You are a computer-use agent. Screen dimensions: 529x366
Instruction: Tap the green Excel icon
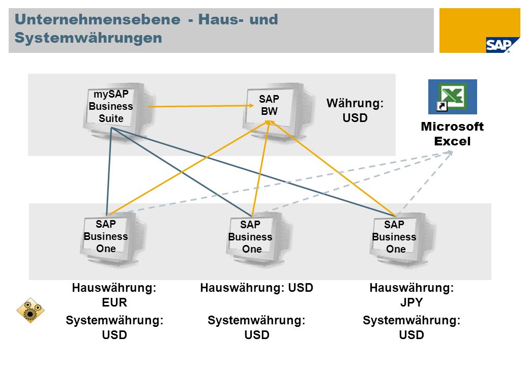tap(452, 97)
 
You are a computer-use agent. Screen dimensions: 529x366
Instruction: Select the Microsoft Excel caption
tap(452, 134)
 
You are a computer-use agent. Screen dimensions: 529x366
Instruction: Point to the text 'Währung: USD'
tap(355, 110)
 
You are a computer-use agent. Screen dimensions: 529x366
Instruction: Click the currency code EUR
tap(114, 302)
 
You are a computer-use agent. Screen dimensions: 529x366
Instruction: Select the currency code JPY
tap(412, 302)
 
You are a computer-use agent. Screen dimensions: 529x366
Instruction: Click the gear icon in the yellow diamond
tap(31, 311)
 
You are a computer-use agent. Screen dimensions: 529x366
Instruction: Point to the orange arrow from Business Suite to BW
tap(200, 106)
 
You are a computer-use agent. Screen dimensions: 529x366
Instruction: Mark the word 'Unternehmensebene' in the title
tap(98, 19)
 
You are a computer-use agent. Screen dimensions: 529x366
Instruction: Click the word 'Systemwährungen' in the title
tap(89, 38)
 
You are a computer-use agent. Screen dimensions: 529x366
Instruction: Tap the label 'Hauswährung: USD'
tap(257, 288)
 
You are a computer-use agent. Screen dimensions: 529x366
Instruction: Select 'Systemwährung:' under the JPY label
tap(412, 320)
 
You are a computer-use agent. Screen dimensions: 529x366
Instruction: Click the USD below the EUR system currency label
tap(114, 335)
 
